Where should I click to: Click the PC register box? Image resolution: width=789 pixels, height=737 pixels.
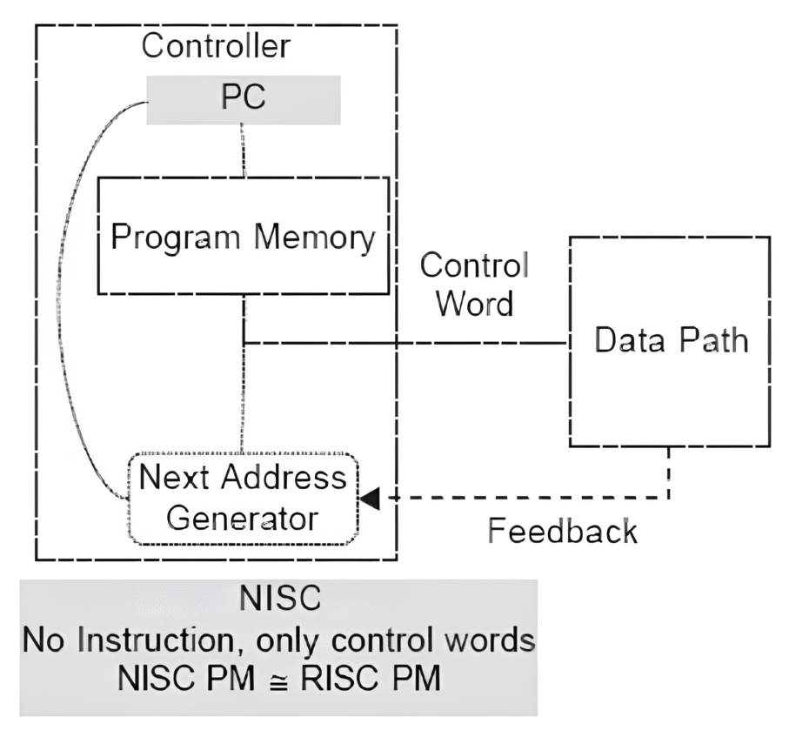point(243,98)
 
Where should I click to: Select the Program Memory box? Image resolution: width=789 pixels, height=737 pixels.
point(243,237)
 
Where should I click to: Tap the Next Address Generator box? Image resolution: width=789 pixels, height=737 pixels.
point(243,499)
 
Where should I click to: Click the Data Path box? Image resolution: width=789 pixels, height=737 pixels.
point(670,341)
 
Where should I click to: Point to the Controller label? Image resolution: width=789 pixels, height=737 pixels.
point(216,46)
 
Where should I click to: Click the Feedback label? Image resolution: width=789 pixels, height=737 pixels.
point(562,530)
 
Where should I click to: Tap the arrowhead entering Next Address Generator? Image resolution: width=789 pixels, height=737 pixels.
point(371,499)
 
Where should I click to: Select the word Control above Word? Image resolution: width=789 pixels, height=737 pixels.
point(474,265)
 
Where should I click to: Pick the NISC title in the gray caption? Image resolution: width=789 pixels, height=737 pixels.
point(278,600)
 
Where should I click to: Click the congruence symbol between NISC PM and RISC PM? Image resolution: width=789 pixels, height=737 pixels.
point(275,678)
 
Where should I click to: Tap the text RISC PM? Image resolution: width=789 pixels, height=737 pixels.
point(364,678)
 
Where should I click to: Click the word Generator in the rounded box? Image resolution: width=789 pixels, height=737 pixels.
point(243,519)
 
